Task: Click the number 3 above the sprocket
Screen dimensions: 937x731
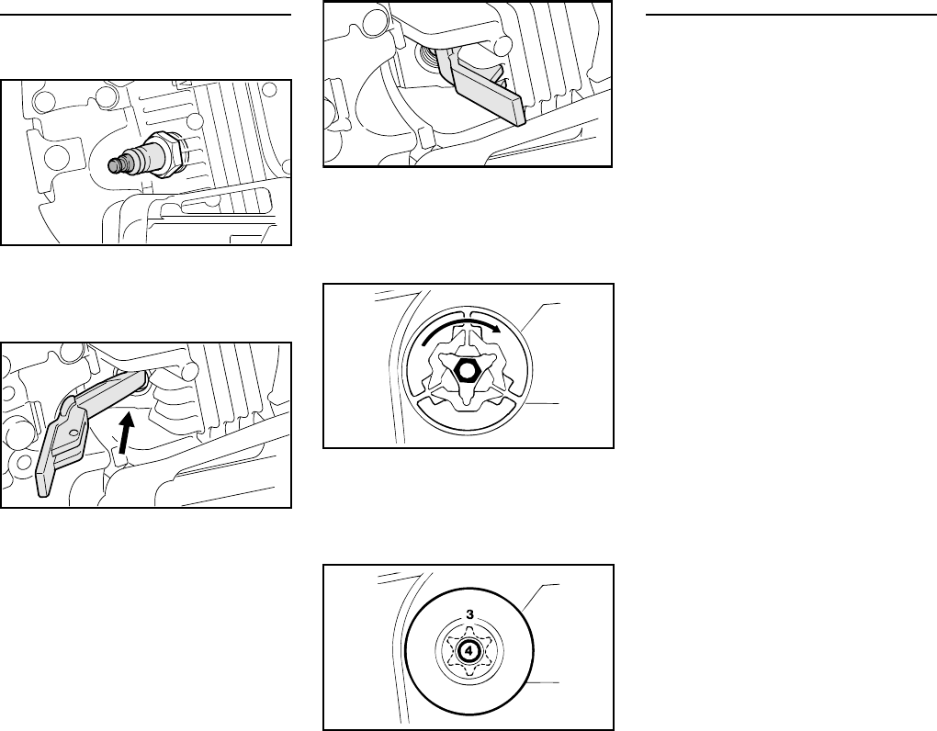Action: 469,613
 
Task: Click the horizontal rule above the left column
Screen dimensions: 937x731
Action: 146,16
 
